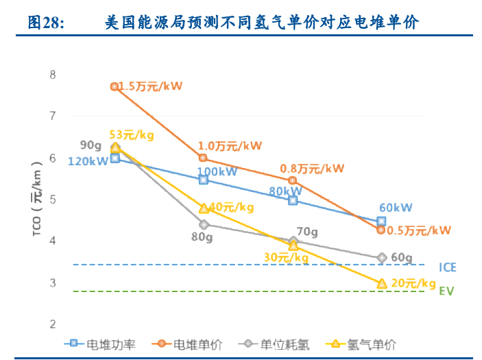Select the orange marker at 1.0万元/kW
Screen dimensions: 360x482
tap(203, 158)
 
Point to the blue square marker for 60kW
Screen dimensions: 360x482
tap(381, 221)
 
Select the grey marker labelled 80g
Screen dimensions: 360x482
tap(203, 224)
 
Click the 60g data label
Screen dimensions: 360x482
tap(402, 258)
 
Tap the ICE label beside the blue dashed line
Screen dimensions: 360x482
tap(448, 267)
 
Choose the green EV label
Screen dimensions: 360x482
tap(446, 291)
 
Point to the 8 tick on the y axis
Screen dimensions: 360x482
tap(53, 74)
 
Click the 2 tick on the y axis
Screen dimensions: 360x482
tap(53, 324)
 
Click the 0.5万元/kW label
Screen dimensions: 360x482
tap(418, 230)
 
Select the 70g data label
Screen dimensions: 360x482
tap(306, 232)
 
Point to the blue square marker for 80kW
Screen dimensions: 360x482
tap(293, 200)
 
